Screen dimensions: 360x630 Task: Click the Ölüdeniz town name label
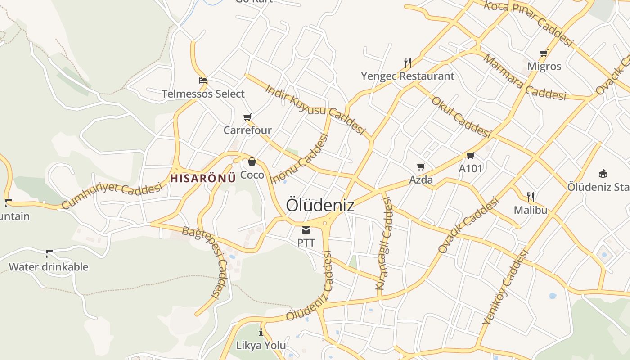[320, 205]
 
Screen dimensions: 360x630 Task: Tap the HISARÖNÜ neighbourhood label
[203, 178]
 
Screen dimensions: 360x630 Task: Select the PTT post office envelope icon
[306, 230]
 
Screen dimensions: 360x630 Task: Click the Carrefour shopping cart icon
[247, 117]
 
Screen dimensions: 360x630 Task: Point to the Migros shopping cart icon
[544, 54]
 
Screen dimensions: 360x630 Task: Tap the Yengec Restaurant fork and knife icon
[408, 63]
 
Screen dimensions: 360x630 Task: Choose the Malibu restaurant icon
[531, 197]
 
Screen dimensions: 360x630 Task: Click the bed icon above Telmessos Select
[203, 81]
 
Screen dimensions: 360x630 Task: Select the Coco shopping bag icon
[252, 162]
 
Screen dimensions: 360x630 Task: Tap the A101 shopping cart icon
[470, 156]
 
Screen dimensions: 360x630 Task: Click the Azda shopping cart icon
[421, 167]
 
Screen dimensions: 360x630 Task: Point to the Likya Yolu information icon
[261, 333]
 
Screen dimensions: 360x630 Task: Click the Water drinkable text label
[49, 267]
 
